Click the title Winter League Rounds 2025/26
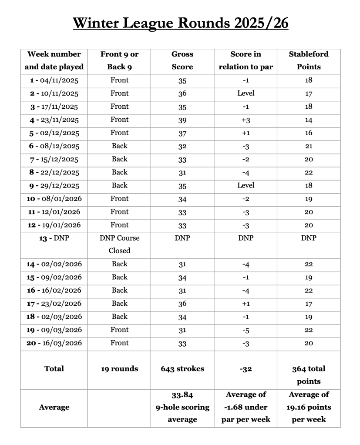(x=180, y=23)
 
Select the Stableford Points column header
(x=309, y=60)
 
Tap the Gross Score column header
(x=182, y=60)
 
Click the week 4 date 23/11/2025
(x=54, y=120)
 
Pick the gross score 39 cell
(x=182, y=120)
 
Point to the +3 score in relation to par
(x=246, y=120)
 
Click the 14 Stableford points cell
(x=309, y=120)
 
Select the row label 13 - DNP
(x=54, y=238)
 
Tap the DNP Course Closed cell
(x=119, y=244)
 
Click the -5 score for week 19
(x=246, y=330)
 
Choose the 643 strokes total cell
(x=182, y=369)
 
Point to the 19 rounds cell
(x=119, y=369)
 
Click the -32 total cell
(x=246, y=369)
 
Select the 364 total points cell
(x=309, y=375)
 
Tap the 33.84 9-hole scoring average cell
(x=182, y=407)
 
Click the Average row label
(x=54, y=408)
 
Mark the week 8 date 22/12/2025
(x=54, y=172)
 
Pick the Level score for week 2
(x=246, y=93)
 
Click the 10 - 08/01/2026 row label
(x=54, y=199)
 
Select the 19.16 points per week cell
(x=309, y=407)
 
